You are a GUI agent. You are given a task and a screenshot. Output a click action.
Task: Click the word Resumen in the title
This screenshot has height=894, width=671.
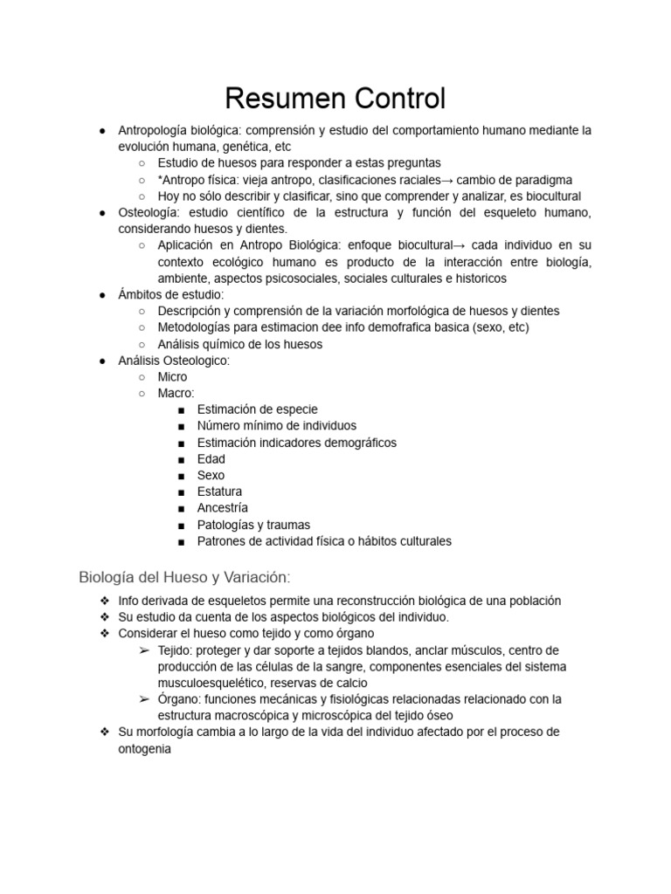pos(277,98)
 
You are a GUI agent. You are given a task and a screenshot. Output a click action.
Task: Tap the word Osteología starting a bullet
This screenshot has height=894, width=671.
pos(148,212)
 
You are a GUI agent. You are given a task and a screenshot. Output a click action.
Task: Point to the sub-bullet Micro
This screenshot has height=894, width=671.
pos(172,376)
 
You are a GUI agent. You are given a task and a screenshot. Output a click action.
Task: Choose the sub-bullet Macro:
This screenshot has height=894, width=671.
pos(176,393)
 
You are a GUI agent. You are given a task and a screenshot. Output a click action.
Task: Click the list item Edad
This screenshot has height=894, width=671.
pos(211,458)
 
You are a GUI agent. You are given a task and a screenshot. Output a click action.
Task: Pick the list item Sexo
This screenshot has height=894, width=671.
pos(211,475)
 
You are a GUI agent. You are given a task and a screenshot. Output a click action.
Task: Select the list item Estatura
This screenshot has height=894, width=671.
pos(219,492)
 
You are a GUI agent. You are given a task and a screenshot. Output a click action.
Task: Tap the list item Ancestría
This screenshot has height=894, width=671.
pos(223,507)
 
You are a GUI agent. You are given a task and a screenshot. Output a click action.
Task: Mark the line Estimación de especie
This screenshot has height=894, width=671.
pos(257,409)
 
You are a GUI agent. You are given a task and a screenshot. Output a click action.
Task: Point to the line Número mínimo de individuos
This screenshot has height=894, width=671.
pos(276,426)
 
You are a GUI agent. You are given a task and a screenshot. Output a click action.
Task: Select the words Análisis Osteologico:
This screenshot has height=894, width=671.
pos(174,361)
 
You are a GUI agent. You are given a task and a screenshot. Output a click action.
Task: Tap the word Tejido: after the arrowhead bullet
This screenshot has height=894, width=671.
pos(176,650)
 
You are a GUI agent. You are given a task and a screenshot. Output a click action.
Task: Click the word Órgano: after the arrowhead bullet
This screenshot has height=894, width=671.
pos(179,699)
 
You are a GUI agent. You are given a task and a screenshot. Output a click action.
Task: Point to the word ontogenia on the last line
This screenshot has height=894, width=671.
pos(145,748)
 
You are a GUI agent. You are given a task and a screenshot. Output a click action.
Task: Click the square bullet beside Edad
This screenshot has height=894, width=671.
pos(180,459)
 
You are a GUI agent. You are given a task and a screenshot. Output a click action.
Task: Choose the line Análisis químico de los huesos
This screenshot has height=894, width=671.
pos(239,344)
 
